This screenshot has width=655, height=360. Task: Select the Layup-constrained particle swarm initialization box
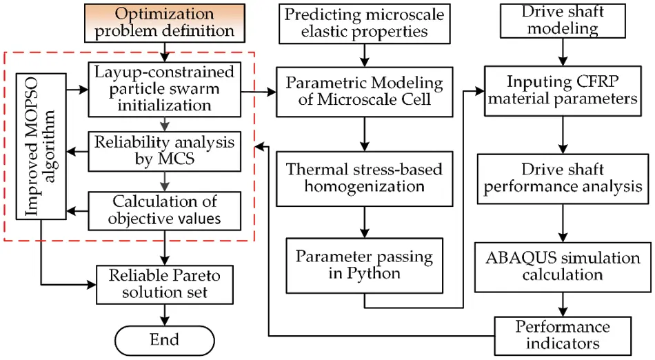(x=164, y=88)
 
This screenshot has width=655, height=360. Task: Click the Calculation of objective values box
(x=164, y=210)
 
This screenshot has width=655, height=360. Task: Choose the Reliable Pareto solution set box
(x=164, y=283)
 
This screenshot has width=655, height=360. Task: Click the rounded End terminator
(x=164, y=339)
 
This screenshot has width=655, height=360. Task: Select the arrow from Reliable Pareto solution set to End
(x=165, y=312)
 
